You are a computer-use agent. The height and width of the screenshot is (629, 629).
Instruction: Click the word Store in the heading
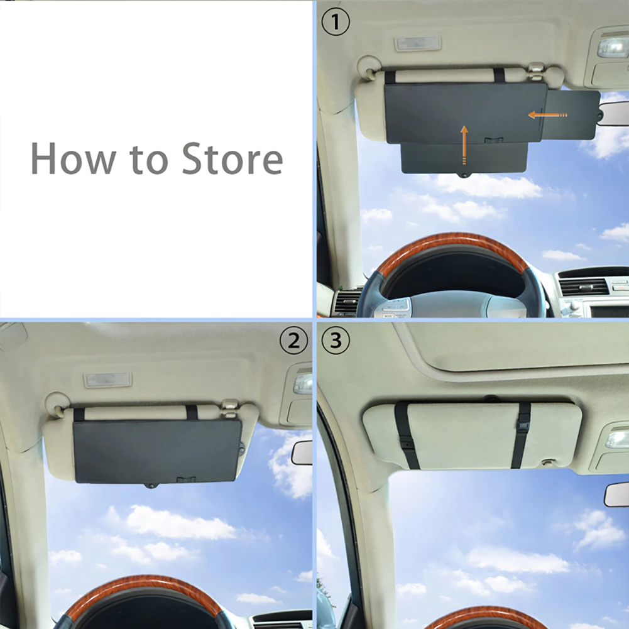pyautogui.click(x=232, y=159)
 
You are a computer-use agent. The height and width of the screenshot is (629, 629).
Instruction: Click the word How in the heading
pyautogui.click(x=74, y=159)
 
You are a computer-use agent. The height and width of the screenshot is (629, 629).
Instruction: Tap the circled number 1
pyautogui.click(x=336, y=21)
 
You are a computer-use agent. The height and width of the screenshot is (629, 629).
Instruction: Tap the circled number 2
pyautogui.click(x=293, y=341)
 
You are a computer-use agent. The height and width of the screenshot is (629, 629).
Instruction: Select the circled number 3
pyautogui.click(x=336, y=341)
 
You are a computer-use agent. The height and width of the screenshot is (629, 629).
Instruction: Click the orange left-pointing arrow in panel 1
pyautogui.click(x=547, y=115)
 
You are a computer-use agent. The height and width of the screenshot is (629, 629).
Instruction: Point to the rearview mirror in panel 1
pyautogui.click(x=614, y=116)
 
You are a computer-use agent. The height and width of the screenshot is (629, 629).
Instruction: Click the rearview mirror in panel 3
pyautogui.click(x=617, y=495)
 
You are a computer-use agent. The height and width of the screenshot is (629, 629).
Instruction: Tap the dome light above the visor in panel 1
pyautogui.click(x=418, y=44)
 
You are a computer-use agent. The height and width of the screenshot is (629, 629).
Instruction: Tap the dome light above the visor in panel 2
pyautogui.click(x=107, y=380)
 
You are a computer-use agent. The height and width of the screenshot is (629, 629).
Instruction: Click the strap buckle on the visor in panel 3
pyautogui.click(x=523, y=427)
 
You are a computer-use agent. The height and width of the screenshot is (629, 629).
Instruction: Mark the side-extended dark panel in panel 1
pyautogui.click(x=572, y=115)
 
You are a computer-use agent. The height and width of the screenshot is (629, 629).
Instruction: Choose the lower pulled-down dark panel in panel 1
pyautogui.click(x=464, y=158)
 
